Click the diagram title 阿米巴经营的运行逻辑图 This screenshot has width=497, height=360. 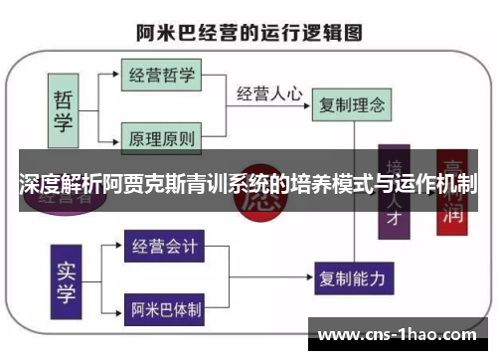[x=248, y=32]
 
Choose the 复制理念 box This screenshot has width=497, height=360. [x=350, y=102]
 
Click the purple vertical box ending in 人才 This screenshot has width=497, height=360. [x=395, y=195]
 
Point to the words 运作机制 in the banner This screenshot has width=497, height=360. [x=434, y=184]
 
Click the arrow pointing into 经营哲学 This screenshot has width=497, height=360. [x=113, y=75]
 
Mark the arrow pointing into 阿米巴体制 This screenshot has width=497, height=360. [x=116, y=309]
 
